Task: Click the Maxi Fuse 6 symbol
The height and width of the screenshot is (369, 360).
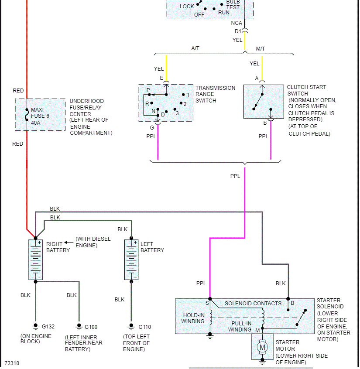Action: click(27, 115)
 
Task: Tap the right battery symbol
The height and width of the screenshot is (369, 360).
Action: click(35, 260)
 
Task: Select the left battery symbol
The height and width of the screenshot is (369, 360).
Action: click(131, 260)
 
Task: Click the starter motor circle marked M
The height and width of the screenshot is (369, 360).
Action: click(262, 347)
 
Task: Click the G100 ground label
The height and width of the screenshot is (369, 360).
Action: click(91, 327)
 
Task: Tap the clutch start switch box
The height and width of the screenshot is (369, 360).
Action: click(263, 101)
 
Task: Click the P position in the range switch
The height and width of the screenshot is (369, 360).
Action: click(148, 90)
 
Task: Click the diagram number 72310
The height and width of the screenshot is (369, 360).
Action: click(12, 363)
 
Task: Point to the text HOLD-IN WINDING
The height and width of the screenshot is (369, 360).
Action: click(193, 318)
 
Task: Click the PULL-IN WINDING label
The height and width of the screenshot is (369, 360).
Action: click(241, 326)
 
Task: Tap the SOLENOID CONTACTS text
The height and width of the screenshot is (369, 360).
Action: click(253, 304)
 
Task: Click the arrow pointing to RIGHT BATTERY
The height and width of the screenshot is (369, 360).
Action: click(69, 243)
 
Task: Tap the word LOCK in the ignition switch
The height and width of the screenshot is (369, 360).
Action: click(187, 7)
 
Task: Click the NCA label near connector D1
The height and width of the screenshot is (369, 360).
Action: click(237, 23)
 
